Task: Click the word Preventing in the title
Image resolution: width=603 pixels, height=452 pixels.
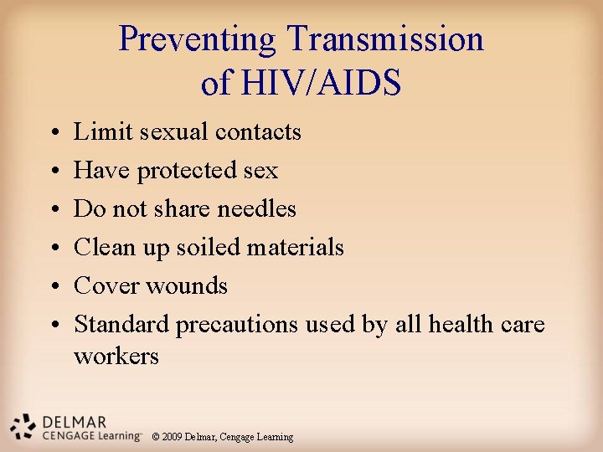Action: click(198, 39)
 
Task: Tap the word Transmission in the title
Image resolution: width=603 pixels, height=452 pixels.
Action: click(385, 39)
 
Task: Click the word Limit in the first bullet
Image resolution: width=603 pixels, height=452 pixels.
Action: click(95, 131)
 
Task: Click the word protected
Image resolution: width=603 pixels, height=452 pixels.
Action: click(188, 171)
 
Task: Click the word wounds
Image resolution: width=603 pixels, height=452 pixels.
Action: click(187, 285)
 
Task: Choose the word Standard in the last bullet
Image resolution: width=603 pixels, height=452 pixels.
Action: click(121, 324)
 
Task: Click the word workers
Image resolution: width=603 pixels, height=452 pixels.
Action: click(116, 356)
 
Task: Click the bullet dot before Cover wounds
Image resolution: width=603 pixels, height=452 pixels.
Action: click(53, 287)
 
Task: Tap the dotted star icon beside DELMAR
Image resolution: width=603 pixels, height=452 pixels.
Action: click(23, 427)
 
